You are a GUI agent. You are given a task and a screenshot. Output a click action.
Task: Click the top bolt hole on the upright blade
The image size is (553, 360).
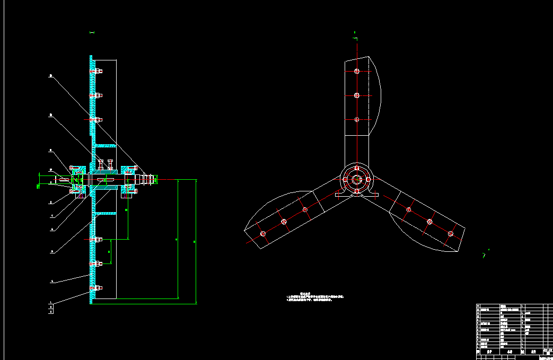coord(357,71)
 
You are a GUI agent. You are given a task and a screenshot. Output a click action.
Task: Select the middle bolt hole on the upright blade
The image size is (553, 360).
coord(357,95)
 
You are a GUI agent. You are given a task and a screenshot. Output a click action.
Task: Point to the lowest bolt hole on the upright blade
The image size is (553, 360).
coord(357,120)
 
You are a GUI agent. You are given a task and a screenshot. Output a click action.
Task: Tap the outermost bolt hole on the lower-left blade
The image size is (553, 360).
coord(262,233)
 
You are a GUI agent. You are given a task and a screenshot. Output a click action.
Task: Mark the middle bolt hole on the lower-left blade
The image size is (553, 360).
coord(284,221)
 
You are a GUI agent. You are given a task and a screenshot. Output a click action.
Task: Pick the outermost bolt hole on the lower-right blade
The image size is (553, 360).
coord(451,233)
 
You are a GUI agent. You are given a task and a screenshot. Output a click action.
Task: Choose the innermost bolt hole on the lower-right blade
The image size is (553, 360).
coord(409,210)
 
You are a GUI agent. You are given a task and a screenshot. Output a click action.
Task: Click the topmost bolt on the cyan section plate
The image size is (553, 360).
coord(98,71)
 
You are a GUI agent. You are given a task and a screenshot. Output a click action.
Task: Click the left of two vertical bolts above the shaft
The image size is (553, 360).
coord(101,164)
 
